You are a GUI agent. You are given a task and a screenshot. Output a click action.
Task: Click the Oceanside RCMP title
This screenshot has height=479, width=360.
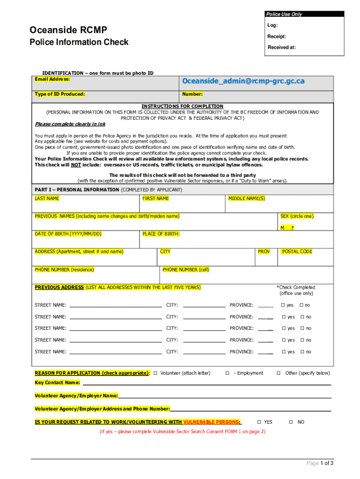pyautogui.click(x=68, y=30)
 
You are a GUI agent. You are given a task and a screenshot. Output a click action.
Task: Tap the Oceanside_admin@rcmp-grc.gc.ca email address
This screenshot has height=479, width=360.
pyautogui.click(x=243, y=81)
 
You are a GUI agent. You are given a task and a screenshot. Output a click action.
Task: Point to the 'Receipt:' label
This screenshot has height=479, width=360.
pyautogui.click(x=277, y=36)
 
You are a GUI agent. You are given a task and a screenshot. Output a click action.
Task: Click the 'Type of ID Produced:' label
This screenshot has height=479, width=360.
pyautogui.click(x=59, y=94)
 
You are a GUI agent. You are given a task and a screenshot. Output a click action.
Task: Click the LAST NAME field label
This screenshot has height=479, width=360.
pyautogui.click(x=47, y=198)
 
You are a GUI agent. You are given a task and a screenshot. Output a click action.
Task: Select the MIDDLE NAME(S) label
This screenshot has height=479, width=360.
pyautogui.click(x=246, y=198)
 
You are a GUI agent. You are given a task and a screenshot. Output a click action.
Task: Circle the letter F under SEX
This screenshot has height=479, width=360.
pyautogui.click(x=293, y=228)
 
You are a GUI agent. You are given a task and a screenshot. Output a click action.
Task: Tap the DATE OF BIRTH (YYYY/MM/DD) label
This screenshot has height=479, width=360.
pyautogui.click(x=68, y=234)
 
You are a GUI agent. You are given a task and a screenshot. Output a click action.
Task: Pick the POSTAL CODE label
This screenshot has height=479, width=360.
pyautogui.click(x=297, y=252)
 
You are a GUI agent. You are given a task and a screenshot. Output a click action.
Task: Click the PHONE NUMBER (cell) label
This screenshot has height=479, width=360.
pyautogui.click(x=186, y=269)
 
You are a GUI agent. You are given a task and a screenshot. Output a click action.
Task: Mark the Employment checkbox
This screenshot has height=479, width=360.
pyautogui.click(x=227, y=373)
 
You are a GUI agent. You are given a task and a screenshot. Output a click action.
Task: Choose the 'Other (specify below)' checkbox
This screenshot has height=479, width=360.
pyautogui.click(x=278, y=373)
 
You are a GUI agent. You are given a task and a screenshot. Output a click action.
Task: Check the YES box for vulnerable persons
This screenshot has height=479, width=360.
pyautogui.click(x=259, y=422)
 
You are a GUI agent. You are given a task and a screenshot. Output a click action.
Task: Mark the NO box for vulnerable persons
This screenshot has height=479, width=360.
pyautogui.click(x=291, y=422)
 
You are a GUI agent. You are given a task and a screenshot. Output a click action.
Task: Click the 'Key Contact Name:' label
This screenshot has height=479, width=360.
pyautogui.click(x=57, y=383)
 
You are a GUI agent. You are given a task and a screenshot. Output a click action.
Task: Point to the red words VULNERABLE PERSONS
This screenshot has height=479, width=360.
pyautogui.click(x=212, y=422)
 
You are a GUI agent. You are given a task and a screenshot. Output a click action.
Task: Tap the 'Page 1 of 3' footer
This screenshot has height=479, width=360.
pyautogui.click(x=320, y=463)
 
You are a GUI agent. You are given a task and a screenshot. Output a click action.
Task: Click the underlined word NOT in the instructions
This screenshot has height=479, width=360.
pyautogui.click(x=76, y=165)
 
